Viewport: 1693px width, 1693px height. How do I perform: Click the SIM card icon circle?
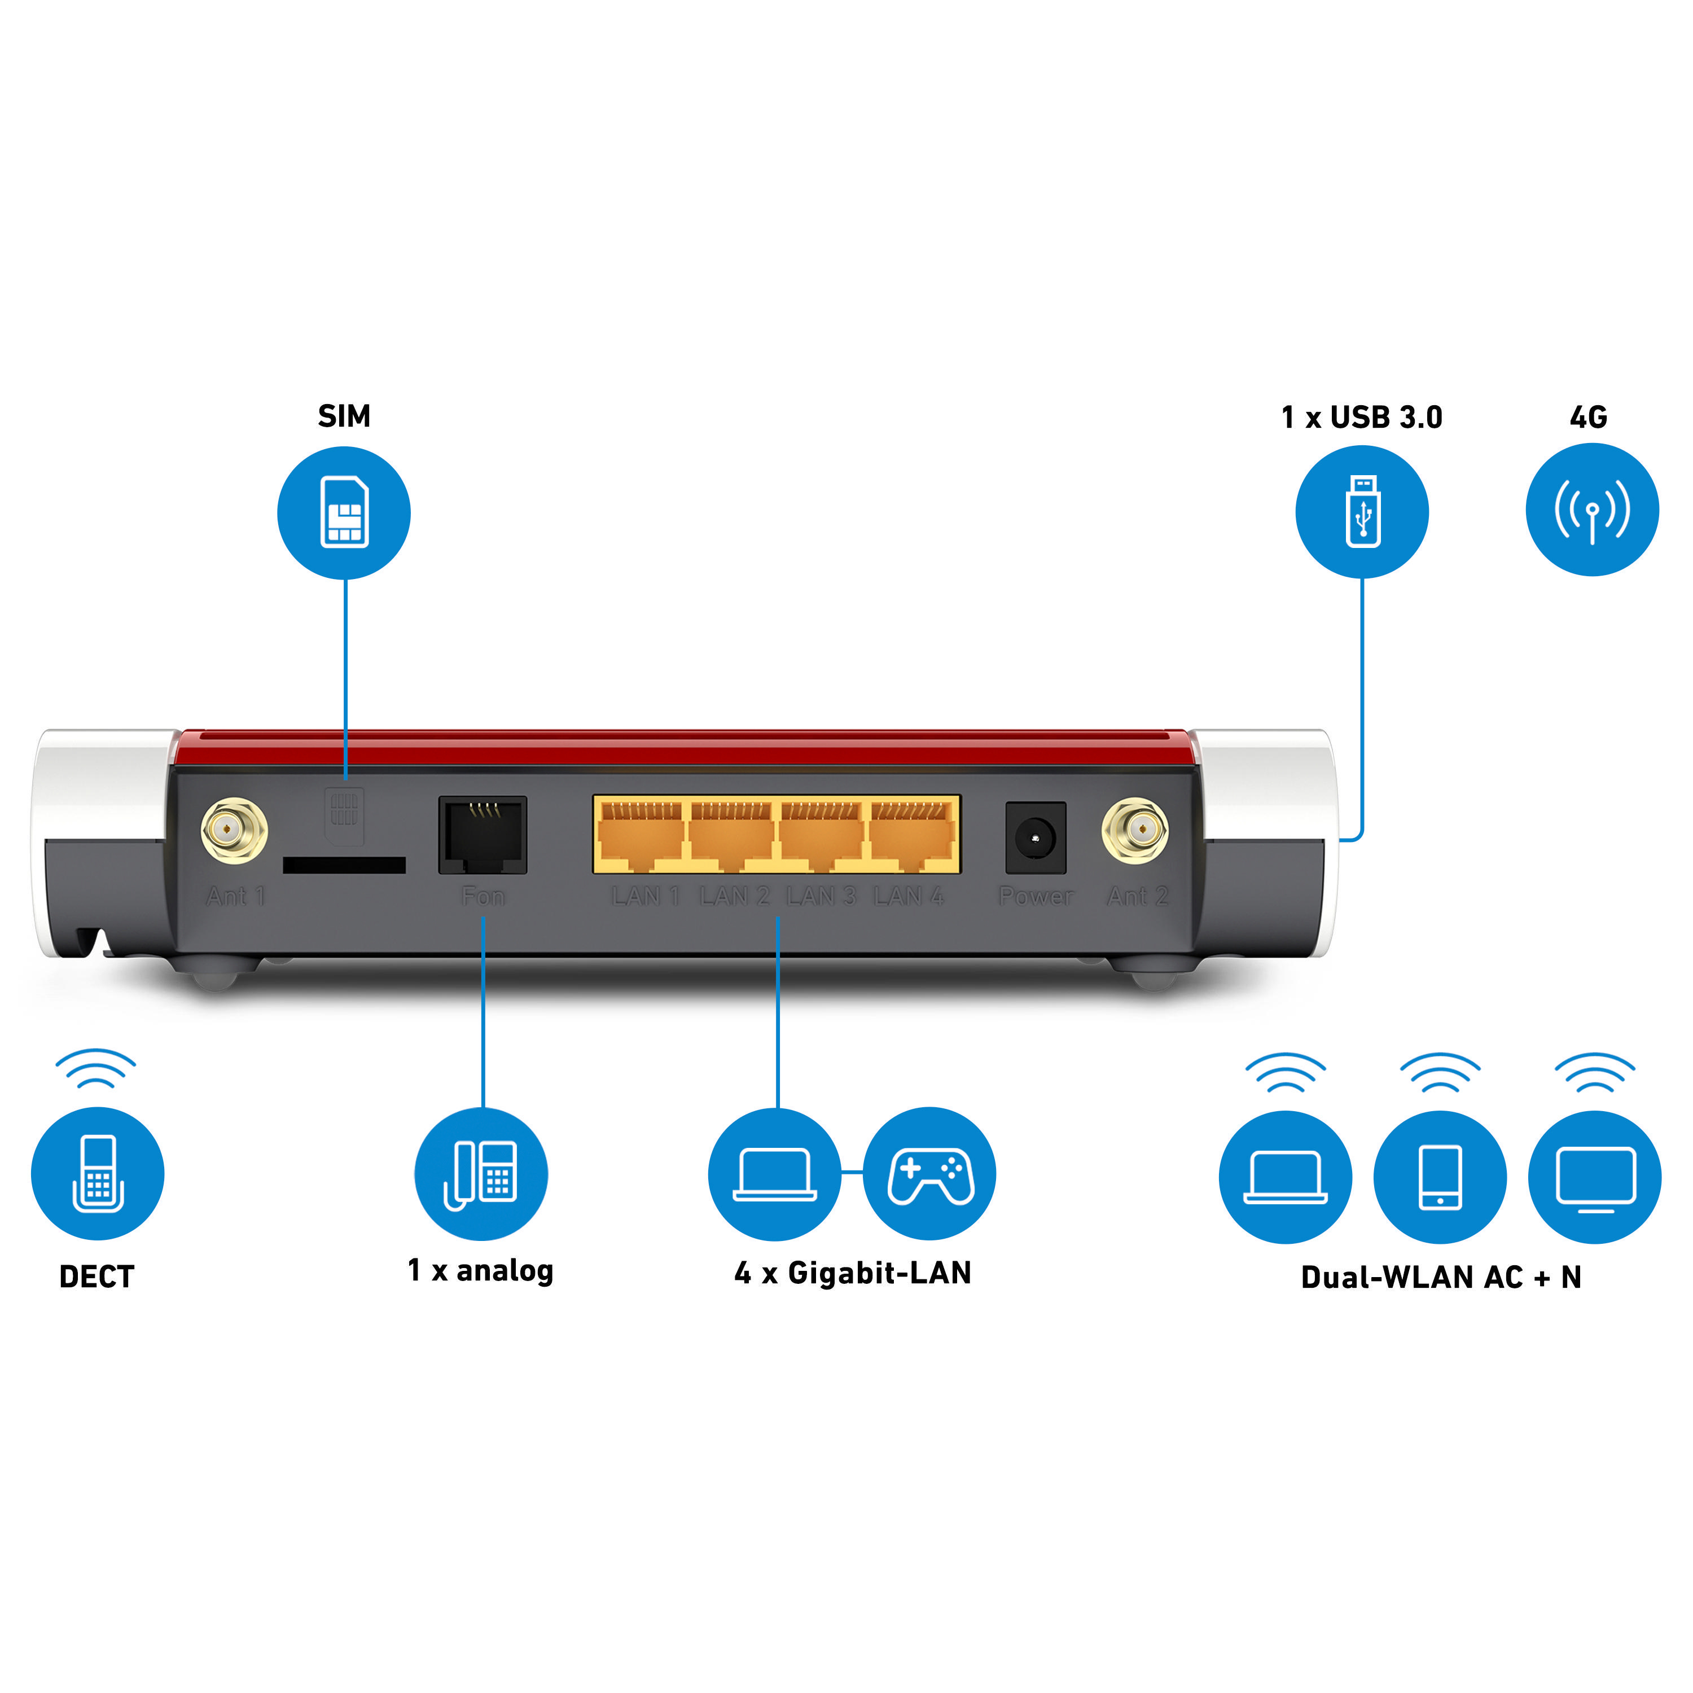344,512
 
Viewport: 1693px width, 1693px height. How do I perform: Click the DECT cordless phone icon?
97,1173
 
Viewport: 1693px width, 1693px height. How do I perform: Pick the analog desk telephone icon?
481,1173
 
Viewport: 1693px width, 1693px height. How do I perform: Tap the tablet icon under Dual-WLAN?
1439,1176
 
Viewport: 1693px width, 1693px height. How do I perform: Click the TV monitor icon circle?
1594,1176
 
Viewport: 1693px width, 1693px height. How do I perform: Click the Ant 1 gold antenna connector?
234,829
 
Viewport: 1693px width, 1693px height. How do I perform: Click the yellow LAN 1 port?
641,836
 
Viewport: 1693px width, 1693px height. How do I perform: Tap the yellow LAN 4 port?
911,836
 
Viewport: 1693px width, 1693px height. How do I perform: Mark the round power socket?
1035,837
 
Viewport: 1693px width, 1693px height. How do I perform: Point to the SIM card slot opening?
344,865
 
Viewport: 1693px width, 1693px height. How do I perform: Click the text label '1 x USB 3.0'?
1361,417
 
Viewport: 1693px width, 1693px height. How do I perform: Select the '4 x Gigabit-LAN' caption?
853,1273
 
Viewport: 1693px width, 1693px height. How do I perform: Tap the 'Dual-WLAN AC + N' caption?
1441,1277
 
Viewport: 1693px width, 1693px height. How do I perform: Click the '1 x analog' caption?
480,1270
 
